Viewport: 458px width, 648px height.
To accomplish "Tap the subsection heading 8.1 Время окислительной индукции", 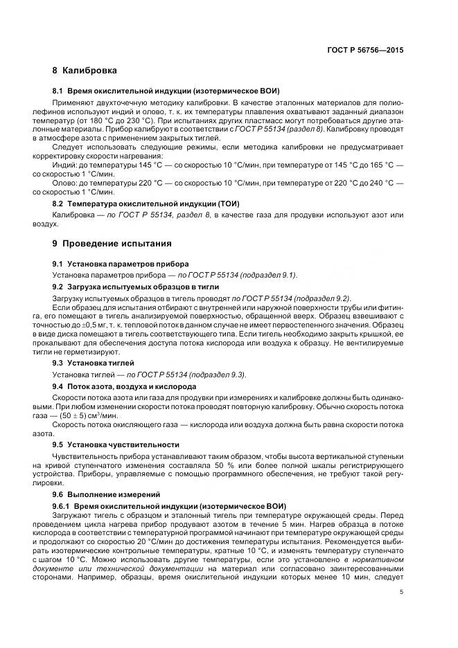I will pyautogui.click(x=166, y=91).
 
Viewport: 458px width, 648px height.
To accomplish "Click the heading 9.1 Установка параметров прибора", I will pyautogui.click(x=119, y=264).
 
